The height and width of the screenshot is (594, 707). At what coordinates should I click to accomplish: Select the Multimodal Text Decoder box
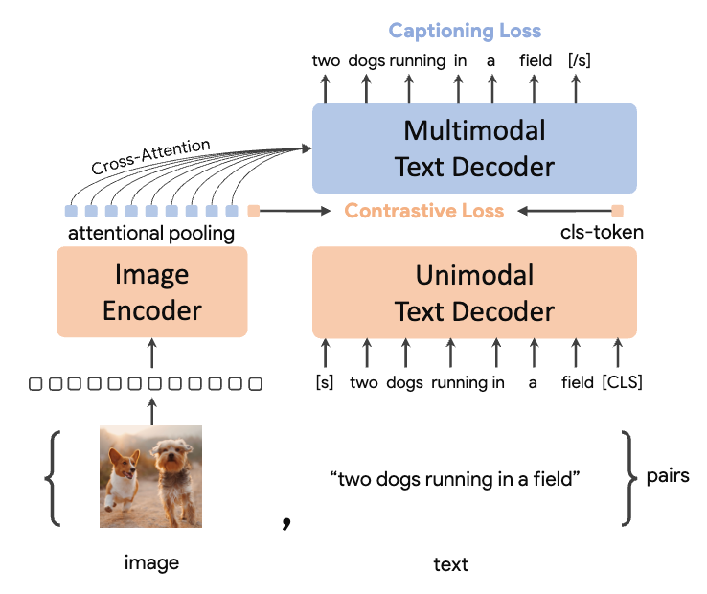pos(474,148)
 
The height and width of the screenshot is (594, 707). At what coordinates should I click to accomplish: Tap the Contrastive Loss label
pos(423,211)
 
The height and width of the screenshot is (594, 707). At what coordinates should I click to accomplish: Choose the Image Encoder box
pos(151,291)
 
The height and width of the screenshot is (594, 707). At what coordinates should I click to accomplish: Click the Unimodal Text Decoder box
pos(474,291)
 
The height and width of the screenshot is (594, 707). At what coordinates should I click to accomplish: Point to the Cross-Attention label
pos(150,157)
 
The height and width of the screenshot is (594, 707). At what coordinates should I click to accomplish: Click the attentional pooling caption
pos(150,233)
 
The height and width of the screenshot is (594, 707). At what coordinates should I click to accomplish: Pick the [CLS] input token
pos(622,382)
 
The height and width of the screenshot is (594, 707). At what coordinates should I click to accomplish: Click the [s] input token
pos(324,382)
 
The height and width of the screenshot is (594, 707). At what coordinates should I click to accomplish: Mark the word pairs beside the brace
pos(668,475)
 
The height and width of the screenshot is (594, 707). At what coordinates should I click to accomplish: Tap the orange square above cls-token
pos(618,211)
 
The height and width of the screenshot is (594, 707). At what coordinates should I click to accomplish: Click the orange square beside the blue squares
pos(254,211)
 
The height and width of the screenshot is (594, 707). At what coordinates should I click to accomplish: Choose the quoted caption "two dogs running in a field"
pos(454,478)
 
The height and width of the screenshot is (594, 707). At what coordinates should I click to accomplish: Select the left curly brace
pos(57,478)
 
